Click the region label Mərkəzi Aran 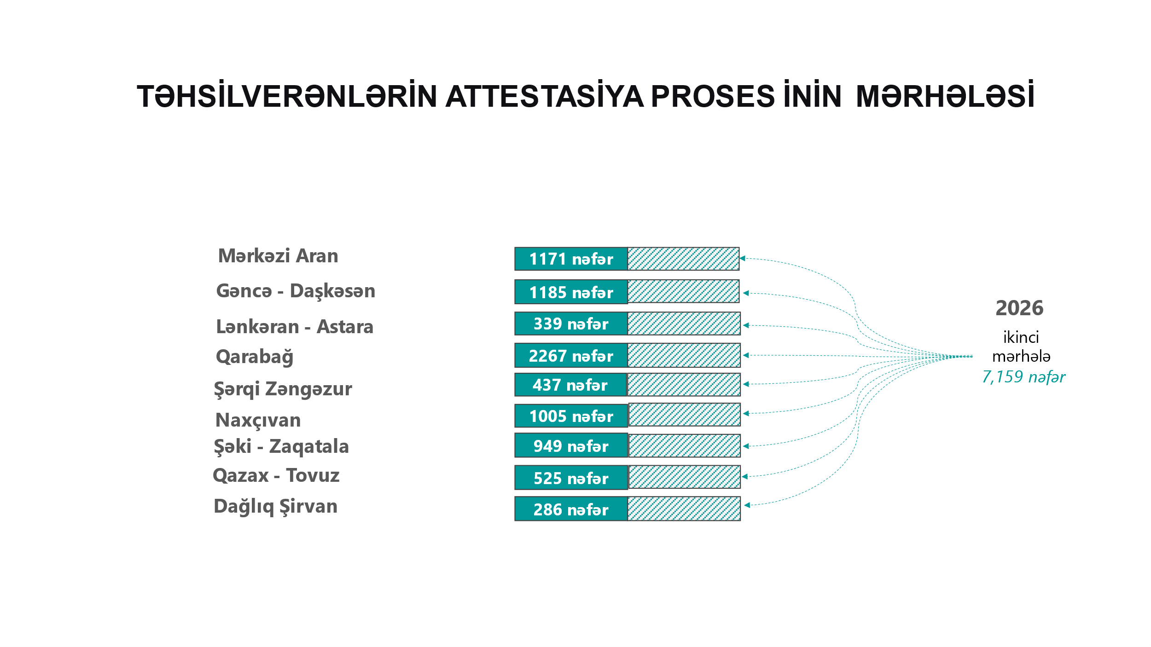pyautogui.click(x=278, y=256)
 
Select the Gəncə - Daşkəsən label pyautogui.click(x=296, y=291)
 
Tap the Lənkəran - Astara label pyautogui.click(x=295, y=327)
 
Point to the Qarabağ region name pyautogui.click(x=255, y=357)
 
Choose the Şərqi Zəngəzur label pyautogui.click(x=283, y=389)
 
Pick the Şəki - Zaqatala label pyautogui.click(x=281, y=447)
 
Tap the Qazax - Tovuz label pyautogui.click(x=276, y=475)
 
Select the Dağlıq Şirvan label pyautogui.click(x=275, y=507)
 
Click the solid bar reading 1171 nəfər pyautogui.click(x=571, y=259)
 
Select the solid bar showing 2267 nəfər pyautogui.click(x=571, y=355)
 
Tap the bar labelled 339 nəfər pyautogui.click(x=571, y=323)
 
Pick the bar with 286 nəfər pyautogui.click(x=571, y=509)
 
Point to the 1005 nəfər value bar pyautogui.click(x=571, y=416)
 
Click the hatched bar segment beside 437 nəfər pyautogui.click(x=684, y=385)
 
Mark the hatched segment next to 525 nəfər pyautogui.click(x=684, y=477)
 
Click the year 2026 pyautogui.click(x=1019, y=308)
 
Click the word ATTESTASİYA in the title pyautogui.click(x=544, y=97)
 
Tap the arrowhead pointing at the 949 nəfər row pyautogui.click(x=746, y=446)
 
